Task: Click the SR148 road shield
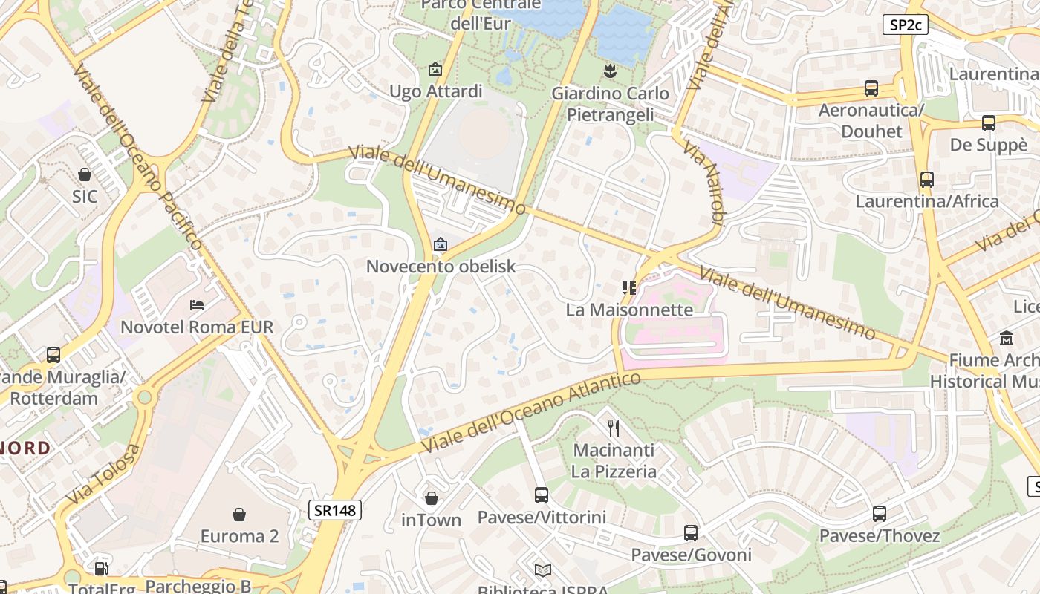[x=335, y=510]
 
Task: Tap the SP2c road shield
[x=906, y=25]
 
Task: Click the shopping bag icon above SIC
[x=85, y=174]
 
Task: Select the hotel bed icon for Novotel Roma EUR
[x=197, y=305]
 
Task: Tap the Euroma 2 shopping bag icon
[x=239, y=515]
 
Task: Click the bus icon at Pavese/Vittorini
[x=542, y=495]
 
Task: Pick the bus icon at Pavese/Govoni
[x=691, y=532]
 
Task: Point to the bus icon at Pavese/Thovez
[x=880, y=513]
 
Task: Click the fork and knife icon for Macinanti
[x=614, y=428]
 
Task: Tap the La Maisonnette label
[x=629, y=310]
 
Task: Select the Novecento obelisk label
[x=441, y=266]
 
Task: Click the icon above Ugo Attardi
[x=435, y=70]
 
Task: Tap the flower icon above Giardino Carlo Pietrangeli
[x=610, y=71]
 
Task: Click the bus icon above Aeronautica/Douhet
[x=871, y=88]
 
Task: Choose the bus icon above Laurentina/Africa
[x=926, y=179]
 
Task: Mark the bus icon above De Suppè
[x=988, y=123]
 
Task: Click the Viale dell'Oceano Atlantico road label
[x=530, y=413]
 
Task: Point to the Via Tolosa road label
[x=103, y=474]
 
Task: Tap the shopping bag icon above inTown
[x=431, y=498]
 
